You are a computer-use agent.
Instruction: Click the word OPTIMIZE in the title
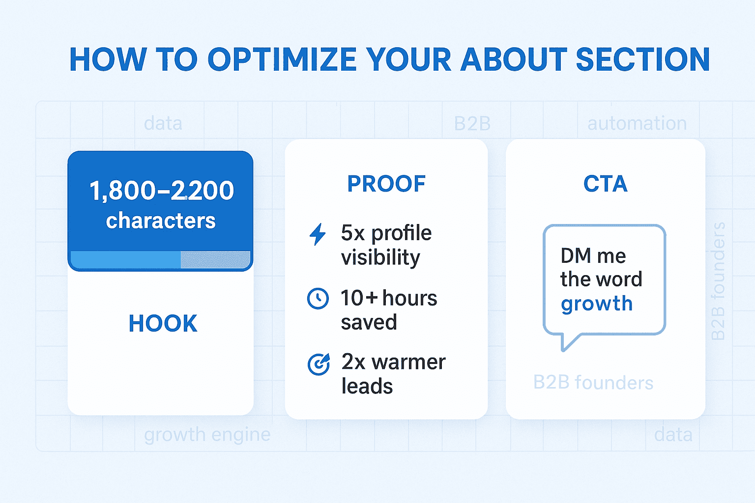(x=282, y=59)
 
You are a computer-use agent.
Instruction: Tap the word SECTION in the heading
(x=643, y=59)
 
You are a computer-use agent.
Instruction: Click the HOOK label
(x=163, y=323)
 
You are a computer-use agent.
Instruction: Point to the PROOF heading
(x=386, y=184)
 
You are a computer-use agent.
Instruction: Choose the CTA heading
(x=606, y=184)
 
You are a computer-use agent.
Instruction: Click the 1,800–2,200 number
(x=161, y=191)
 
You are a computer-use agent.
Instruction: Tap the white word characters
(x=161, y=221)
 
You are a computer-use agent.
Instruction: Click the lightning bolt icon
(x=318, y=234)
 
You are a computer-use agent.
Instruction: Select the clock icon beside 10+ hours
(x=318, y=299)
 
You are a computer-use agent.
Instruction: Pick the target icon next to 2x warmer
(x=319, y=364)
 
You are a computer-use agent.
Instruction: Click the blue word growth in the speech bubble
(x=597, y=304)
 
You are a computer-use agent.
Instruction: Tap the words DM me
(x=593, y=256)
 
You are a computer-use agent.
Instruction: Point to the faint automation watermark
(x=637, y=123)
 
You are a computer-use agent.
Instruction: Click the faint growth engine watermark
(x=207, y=435)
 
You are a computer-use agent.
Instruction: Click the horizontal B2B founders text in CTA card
(x=593, y=383)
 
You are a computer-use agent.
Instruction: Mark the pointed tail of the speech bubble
(x=563, y=350)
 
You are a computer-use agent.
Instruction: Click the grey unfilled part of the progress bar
(x=215, y=259)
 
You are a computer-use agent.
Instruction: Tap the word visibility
(x=380, y=258)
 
